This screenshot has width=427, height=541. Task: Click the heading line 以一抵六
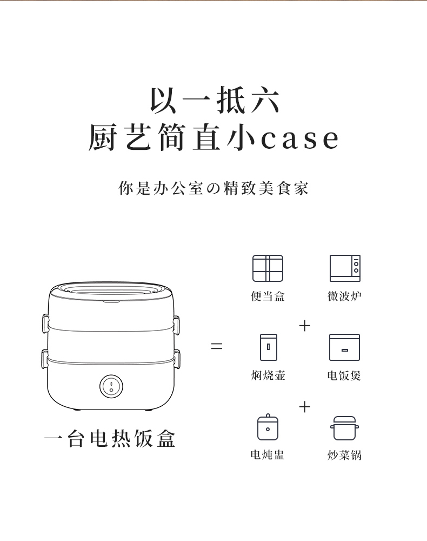point(215,100)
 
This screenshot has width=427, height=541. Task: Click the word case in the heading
point(299,138)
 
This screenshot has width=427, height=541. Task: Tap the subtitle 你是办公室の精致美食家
point(213,188)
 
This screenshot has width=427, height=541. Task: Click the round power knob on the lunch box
point(111,386)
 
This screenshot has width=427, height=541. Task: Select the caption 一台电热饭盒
point(110,439)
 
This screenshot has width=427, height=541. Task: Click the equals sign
point(216,346)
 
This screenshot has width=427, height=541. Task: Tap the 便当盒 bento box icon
point(268,268)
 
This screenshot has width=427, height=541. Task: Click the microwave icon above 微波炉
point(345,268)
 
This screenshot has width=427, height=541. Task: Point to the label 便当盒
point(268,296)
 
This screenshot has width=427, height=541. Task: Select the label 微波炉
point(344,296)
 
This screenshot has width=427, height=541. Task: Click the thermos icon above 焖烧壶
point(269,347)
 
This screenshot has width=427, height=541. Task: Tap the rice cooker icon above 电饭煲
point(344,347)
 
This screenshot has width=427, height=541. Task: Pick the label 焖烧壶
point(268,375)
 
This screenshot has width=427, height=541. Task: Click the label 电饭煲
point(344,375)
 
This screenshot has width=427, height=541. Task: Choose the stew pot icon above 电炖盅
point(268,427)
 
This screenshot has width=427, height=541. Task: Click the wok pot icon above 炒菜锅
point(345,428)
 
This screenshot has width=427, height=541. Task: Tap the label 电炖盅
point(268,455)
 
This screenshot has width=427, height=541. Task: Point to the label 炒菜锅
point(344,455)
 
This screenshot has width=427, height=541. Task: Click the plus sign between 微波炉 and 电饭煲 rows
point(305,326)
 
